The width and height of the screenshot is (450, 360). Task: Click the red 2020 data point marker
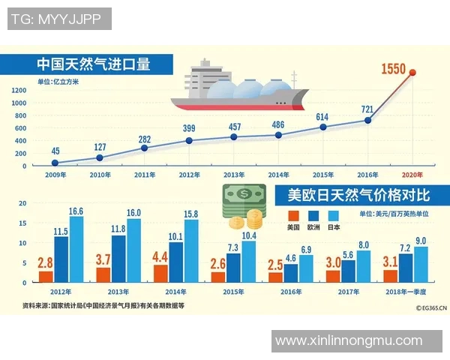pyautogui.click(x=412, y=73)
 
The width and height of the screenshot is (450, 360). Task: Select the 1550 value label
pyautogui.click(x=393, y=70)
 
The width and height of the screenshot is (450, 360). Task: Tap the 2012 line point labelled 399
pyautogui.click(x=189, y=140)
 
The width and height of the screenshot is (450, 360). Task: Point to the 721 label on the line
pyautogui.click(x=367, y=110)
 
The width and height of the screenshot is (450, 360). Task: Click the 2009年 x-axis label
pyautogui.click(x=55, y=174)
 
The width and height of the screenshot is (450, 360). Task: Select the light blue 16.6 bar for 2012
pyautogui.click(x=76, y=251)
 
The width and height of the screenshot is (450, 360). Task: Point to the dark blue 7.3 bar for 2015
pyautogui.click(x=234, y=268)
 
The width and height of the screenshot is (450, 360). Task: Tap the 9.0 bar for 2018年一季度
pyautogui.click(x=421, y=265)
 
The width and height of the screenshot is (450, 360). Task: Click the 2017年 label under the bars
pyautogui.click(x=349, y=292)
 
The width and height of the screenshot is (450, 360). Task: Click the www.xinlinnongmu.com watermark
pyautogui.click(x=349, y=340)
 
